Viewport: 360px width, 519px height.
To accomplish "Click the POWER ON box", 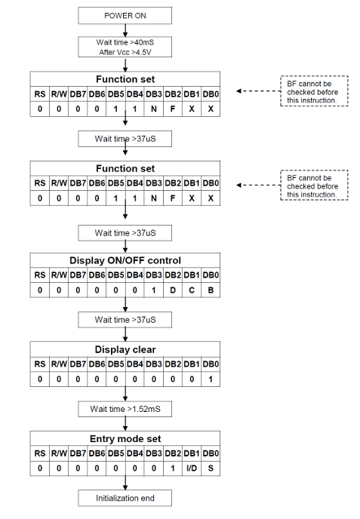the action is [x=125, y=16].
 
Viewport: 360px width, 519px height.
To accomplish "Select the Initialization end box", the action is [x=125, y=498].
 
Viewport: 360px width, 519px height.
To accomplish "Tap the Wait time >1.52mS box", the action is [x=125, y=409].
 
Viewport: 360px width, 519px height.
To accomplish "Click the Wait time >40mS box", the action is [x=125, y=47].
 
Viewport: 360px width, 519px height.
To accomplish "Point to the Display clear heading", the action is [x=125, y=349].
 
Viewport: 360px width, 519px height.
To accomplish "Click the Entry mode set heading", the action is [x=125, y=439].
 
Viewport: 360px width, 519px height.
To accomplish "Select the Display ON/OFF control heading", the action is [x=125, y=260].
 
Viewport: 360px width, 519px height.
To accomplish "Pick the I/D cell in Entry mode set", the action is [x=192, y=468].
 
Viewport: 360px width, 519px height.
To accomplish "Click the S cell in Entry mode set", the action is [x=211, y=468].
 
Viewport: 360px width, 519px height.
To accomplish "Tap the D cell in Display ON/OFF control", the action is [x=173, y=290].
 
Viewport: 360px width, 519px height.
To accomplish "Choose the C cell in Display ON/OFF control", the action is [x=192, y=290].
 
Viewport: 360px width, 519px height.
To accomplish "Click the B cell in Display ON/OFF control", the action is [x=211, y=290].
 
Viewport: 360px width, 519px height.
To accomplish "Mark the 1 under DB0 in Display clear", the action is [x=211, y=379].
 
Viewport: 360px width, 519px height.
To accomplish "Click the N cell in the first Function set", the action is [x=154, y=109].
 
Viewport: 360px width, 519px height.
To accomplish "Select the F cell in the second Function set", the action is [x=173, y=198].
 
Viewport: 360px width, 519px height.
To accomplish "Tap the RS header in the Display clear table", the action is [x=40, y=364].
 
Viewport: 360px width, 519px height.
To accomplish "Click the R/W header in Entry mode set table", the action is [x=59, y=453].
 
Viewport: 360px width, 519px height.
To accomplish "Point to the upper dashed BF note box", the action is [x=314, y=91].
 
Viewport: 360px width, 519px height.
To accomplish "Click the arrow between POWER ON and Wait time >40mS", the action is [x=125, y=30].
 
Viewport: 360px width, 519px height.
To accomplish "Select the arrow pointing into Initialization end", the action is [x=125, y=483].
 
